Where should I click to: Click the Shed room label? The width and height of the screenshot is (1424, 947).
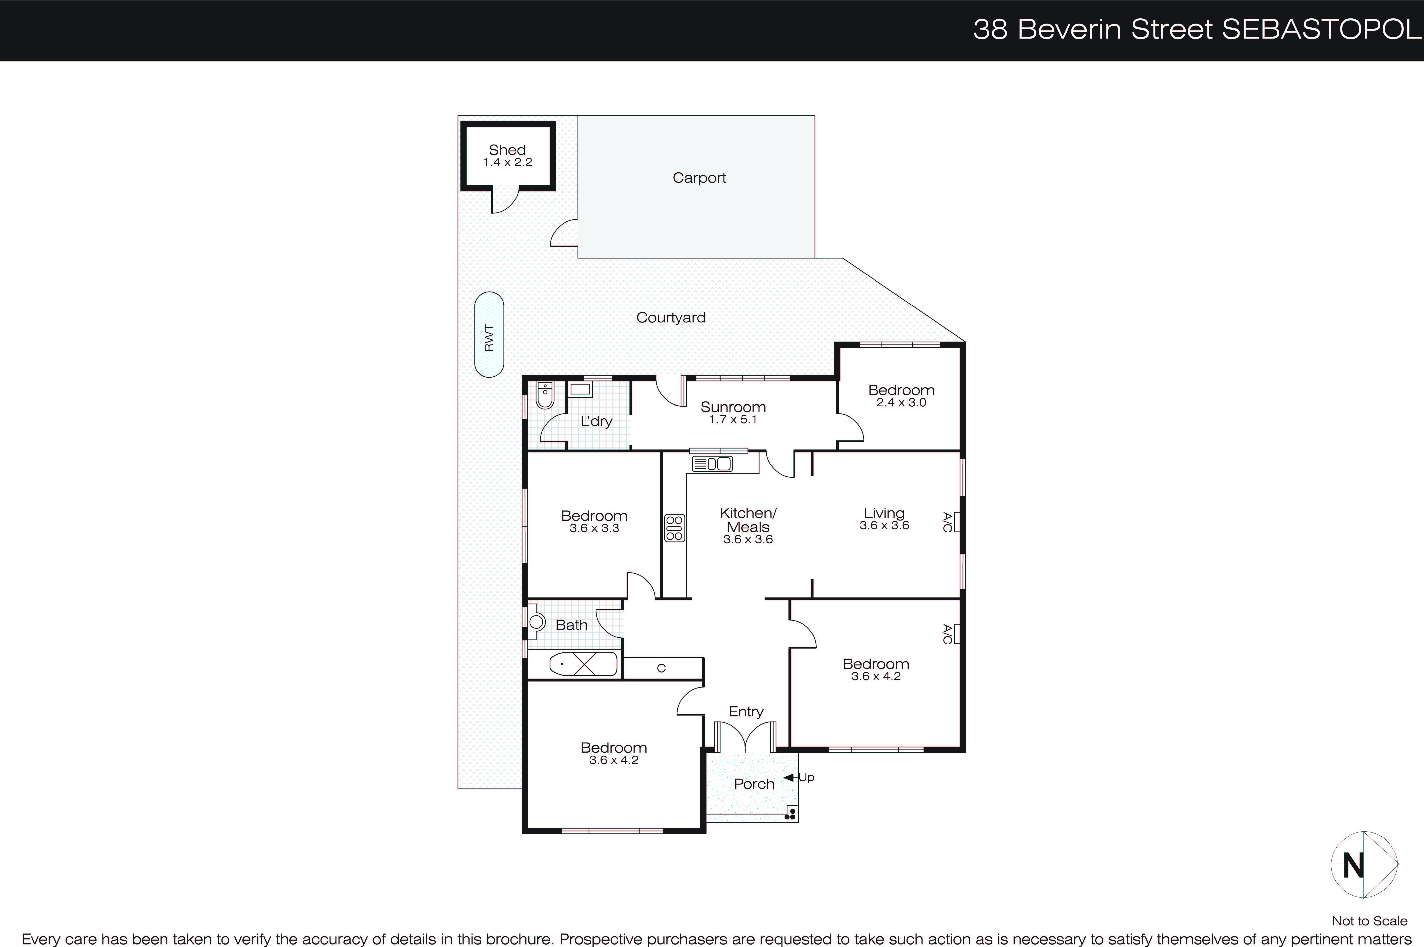pyautogui.click(x=507, y=150)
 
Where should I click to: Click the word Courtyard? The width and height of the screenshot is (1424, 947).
pyautogui.click(x=671, y=318)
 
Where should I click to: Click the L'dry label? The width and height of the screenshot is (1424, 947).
pyautogui.click(x=596, y=422)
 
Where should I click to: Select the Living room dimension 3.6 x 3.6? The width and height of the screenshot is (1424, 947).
pyautogui.click(x=884, y=525)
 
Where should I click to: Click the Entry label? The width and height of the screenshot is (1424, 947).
pyautogui.click(x=746, y=711)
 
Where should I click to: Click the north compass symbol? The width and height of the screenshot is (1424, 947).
pyautogui.click(x=1364, y=865)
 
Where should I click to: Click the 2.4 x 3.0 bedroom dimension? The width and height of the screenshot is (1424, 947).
pyautogui.click(x=901, y=403)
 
